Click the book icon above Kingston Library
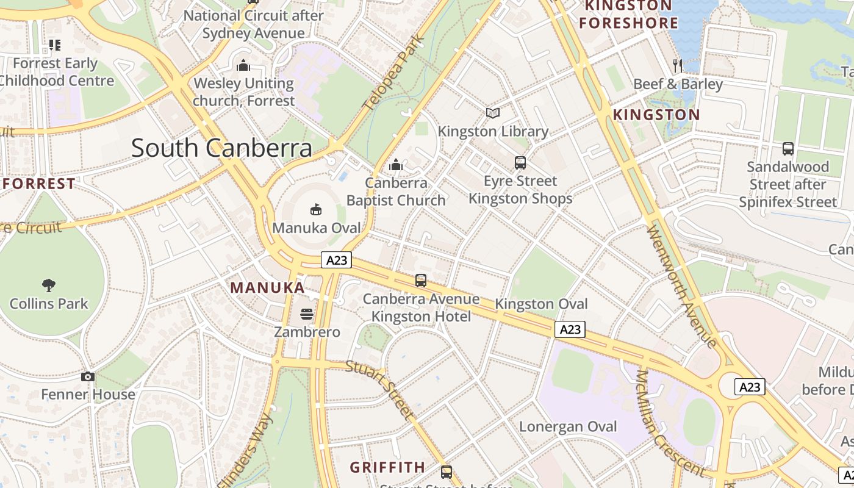493,113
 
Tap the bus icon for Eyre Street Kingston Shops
520,163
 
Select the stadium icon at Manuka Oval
315,210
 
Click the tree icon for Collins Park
49,285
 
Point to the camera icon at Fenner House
88,376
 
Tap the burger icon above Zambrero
307,314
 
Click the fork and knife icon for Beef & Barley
677,65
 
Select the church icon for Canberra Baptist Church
396,165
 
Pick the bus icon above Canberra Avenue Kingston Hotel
421,281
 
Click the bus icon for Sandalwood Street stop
788,149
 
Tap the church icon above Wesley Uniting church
243,65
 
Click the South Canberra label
221,148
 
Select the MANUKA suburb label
267,287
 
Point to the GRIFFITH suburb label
387,467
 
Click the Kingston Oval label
541,304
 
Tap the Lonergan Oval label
568,426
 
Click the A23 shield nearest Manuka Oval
337,260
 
